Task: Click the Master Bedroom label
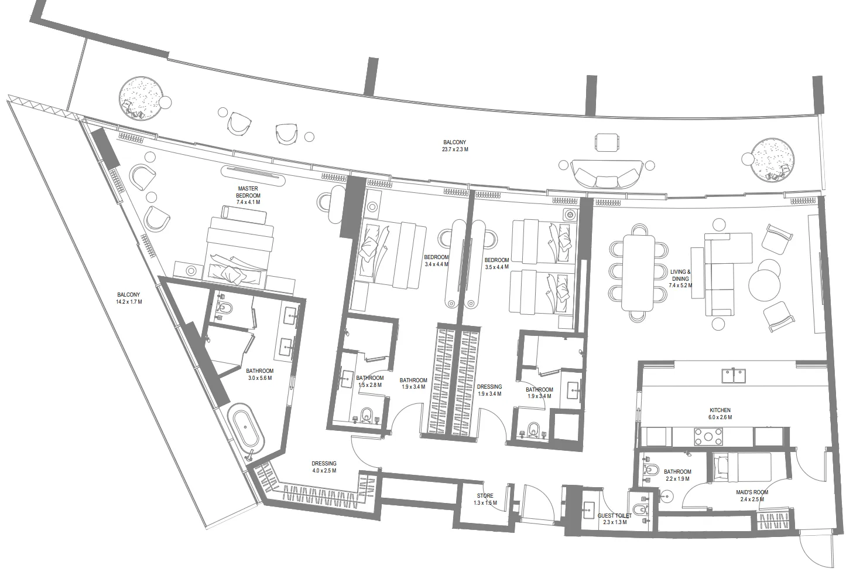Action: pos(248,195)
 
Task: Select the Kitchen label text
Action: pos(720,410)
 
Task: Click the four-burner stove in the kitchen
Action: pos(708,436)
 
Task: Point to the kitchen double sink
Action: pos(734,375)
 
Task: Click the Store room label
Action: pos(485,496)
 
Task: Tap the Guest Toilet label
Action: pos(614,516)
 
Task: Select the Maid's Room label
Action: pos(752,492)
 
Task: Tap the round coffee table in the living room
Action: pos(765,284)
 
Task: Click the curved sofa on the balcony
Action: pos(605,175)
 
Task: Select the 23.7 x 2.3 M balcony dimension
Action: pos(455,149)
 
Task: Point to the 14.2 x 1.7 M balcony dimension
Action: pos(129,302)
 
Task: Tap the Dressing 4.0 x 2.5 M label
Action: pos(324,467)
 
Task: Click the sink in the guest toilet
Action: pos(588,509)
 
